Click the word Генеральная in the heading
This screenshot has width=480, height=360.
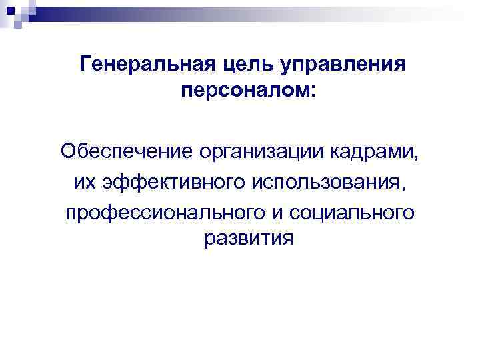137,65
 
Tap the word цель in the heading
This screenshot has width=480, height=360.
236,65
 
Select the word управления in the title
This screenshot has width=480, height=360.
339,65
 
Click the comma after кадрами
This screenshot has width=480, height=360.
419,155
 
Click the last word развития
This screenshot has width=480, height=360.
249,239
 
